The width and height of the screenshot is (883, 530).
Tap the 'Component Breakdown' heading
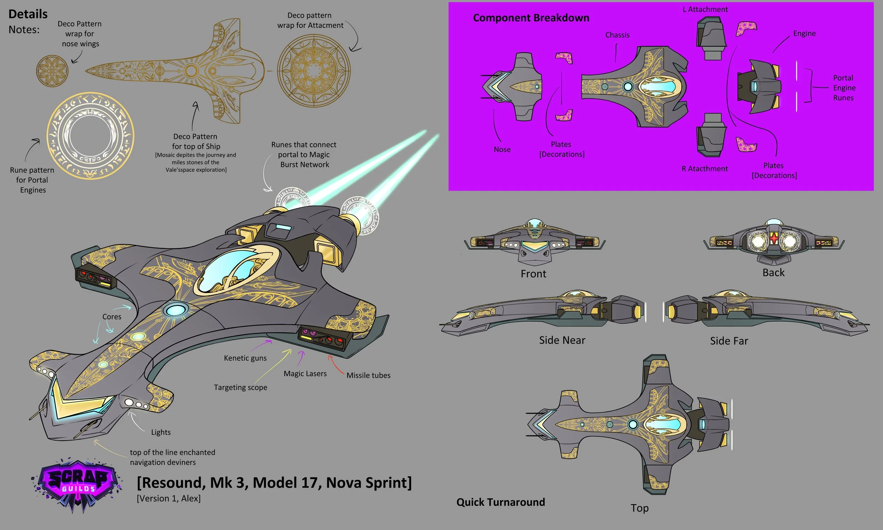click(531, 18)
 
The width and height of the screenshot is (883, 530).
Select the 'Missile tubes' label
click(368, 375)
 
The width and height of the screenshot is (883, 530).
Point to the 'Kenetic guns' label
click(245, 358)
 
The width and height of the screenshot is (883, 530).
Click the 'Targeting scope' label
click(240, 388)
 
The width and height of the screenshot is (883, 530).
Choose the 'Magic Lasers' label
click(305, 373)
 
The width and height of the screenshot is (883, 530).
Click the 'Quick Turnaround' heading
click(500, 502)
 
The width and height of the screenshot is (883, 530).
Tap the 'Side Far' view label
click(729, 341)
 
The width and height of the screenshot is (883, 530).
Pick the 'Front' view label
click(533, 274)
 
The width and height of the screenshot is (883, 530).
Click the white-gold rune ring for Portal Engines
click(90, 136)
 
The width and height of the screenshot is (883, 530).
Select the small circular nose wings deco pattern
click(52, 71)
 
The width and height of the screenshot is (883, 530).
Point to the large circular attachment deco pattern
click(314, 71)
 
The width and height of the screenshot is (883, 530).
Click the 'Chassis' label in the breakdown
click(617, 35)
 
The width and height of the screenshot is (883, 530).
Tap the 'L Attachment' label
click(705, 10)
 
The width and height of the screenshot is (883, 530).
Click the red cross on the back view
click(774, 238)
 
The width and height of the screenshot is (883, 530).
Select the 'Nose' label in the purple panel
click(502, 150)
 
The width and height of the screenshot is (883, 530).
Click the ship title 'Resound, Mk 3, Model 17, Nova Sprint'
click(274, 483)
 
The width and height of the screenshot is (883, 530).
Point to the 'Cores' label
click(112, 317)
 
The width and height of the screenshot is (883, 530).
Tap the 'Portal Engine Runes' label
click(844, 88)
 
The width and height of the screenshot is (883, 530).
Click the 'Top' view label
click(639, 508)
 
